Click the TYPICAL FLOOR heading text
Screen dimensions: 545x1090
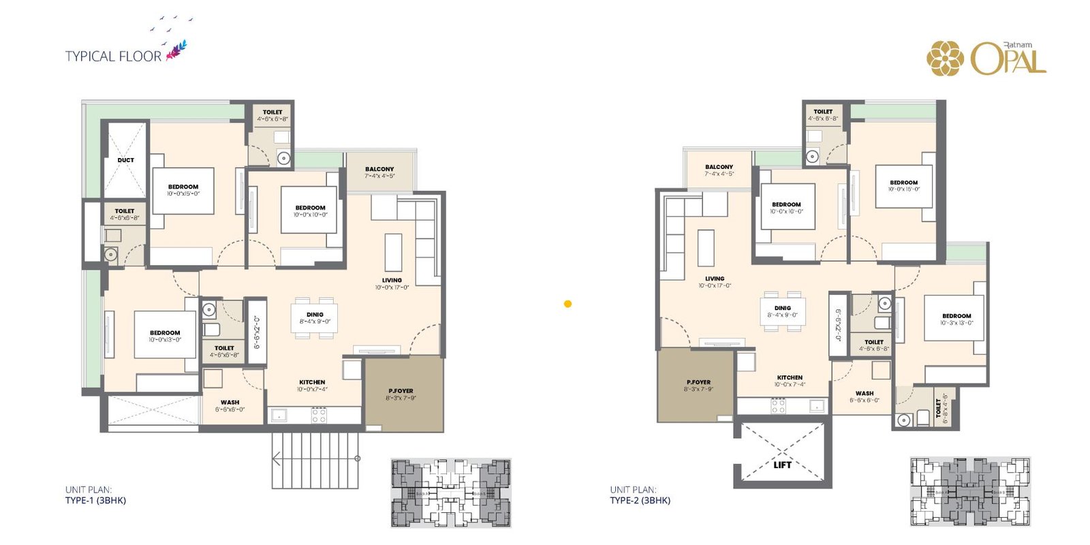point(113,56)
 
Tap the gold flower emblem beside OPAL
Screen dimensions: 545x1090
point(945,59)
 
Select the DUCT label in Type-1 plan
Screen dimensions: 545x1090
point(126,160)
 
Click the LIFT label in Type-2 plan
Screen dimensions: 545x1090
point(782,465)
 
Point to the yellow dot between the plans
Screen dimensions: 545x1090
point(567,304)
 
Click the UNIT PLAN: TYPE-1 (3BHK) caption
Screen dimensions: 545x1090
point(95,495)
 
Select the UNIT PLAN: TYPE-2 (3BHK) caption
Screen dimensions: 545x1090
point(640,495)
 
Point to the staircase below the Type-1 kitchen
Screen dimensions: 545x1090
point(315,460)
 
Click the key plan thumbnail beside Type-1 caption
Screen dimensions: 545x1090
point(450,493)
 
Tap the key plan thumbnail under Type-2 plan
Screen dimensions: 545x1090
point(970,491)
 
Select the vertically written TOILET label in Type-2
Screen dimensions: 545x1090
point(939,408)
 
